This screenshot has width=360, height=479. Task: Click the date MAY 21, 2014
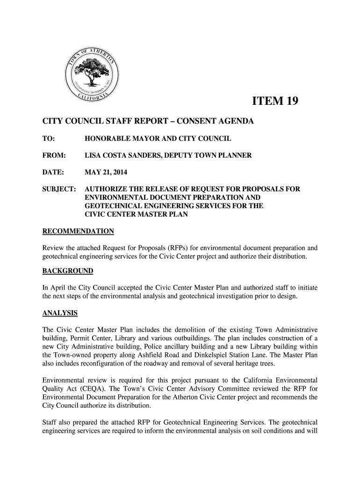coord(107,171)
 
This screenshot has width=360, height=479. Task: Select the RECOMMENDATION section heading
coord(78,232)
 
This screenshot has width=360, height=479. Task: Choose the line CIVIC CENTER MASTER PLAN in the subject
coord(136,215)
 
